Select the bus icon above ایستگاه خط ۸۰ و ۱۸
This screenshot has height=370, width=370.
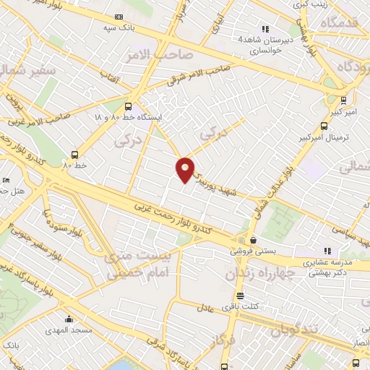(x=129, y=105)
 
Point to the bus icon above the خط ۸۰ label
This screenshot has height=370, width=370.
(x=74, y=154)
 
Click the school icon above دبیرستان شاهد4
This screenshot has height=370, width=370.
(x=265, y=30)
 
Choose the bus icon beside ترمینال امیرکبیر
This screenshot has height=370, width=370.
(x=342, y=100)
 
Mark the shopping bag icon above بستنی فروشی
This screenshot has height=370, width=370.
(x=253, y=241)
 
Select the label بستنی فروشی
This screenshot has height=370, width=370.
(x=249, y=251)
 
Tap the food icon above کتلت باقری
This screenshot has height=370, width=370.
(x=240, y=295)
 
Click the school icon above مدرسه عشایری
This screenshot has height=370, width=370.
(x=337, y=250)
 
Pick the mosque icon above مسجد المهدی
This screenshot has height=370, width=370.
(x=69, y=319)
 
